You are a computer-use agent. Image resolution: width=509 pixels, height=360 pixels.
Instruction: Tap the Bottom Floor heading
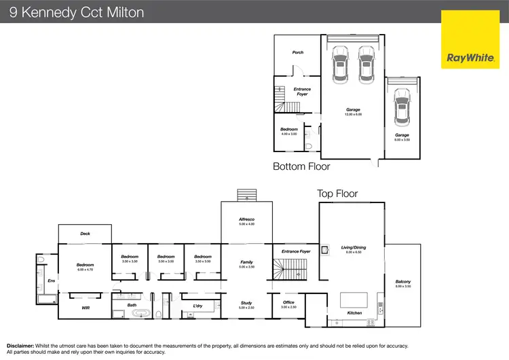click(x=301, y=166)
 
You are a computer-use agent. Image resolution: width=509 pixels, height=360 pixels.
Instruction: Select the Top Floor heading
click(x=337, y=194)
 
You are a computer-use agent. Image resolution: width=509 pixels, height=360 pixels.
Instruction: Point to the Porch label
click(x=297, y=52)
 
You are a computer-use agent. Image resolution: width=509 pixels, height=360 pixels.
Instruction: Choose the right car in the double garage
click(x=366, y=62)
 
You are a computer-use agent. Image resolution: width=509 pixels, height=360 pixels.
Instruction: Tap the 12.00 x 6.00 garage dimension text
click(x=353, y=115)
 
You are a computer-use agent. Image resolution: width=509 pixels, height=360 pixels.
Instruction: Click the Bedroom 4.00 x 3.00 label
click(x=289, y=131)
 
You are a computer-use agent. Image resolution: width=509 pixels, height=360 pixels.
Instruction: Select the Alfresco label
click(x=246, y=219)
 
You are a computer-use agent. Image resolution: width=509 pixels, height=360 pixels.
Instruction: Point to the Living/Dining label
click(x=353, y=248)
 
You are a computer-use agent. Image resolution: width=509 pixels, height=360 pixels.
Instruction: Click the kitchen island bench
click(x=353, y=299)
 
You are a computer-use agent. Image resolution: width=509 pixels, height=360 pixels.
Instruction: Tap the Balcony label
click(x=403, y=282)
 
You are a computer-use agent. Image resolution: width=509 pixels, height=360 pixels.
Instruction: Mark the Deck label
click(x=85, y=234)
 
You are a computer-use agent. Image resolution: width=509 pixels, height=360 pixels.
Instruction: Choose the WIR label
click(x=85, y=308)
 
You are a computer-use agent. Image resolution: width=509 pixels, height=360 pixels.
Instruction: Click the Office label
click(x=288, y=303)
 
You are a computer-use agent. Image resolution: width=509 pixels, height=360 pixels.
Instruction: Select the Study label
click(x=246, y=303)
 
